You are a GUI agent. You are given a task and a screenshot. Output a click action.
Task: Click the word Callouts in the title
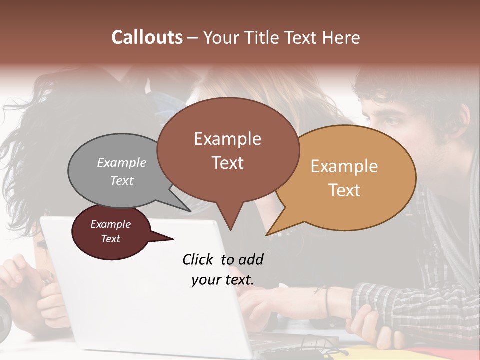coord(147,37)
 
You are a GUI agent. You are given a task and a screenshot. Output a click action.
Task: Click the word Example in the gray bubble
coord(122,163)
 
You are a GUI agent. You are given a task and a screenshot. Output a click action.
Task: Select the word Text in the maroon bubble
coord(111,239)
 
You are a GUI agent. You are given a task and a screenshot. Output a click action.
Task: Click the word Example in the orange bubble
coord(344,166)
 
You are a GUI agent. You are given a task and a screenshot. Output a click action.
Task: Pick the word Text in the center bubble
coord(228,163)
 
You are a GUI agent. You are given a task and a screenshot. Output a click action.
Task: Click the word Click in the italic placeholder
coord(199,259)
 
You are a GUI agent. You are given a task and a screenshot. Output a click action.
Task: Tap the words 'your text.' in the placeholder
coord(223,280)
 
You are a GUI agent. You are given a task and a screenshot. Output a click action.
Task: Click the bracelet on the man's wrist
coord(327,301)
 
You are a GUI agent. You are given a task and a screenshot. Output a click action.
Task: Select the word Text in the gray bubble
coord(122,180)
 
